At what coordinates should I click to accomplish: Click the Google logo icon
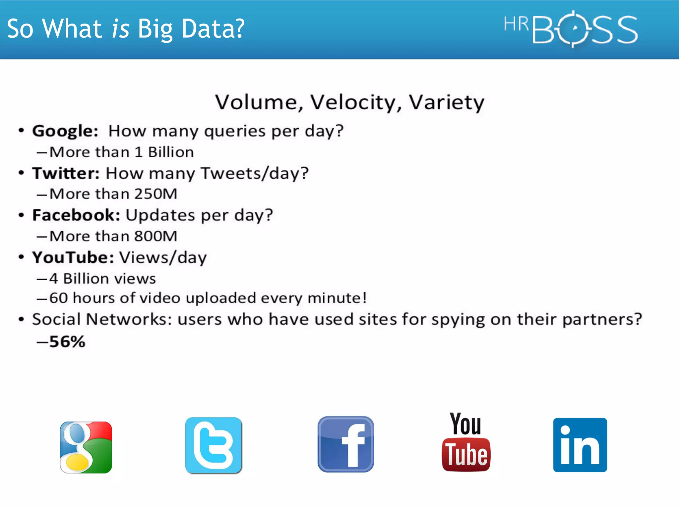click(x=86, y=447)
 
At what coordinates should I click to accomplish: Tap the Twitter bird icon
click(x=214, y=445)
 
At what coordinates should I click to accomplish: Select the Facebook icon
click(x=345, y=444)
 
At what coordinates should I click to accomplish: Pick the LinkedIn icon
click(x=580, y=445)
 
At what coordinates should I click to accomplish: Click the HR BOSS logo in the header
click(x=570, y=29)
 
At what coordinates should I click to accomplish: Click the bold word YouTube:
click(x=73, y=258)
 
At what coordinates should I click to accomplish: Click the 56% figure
click(x=67, y=342)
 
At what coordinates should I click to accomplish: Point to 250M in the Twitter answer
click(x=156, y=194)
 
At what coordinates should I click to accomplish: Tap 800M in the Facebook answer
click(x=156, y=237)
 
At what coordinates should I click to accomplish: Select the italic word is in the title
click(x=120, y=29)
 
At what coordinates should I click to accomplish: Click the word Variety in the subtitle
click(x=446, y=102)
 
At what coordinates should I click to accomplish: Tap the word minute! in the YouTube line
click(x=337, y=298)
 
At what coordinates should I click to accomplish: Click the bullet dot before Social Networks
click(x=22, y=319)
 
